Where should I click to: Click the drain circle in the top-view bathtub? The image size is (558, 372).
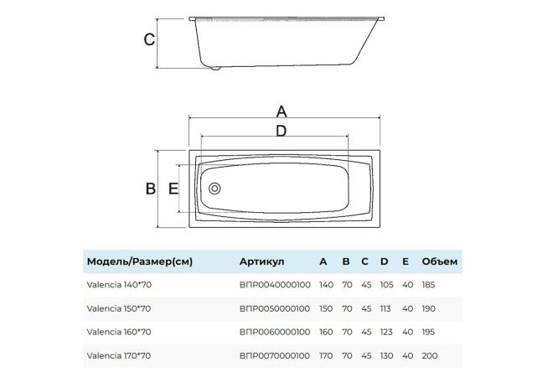[x=214, y=189]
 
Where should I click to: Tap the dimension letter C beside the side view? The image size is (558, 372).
[x=149, y=39]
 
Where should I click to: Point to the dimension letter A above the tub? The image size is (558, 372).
[x=282, y=111]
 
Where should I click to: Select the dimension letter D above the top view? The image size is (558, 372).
[x=282, y=131]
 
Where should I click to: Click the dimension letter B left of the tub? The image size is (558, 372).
[x=151, y=189]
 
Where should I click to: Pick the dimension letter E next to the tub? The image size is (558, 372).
[x=173, y=189]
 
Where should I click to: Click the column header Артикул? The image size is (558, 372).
[x=262, y=261]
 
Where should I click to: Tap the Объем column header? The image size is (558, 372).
[x=440, y=261]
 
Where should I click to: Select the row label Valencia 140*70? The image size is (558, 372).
[x=119, y=285]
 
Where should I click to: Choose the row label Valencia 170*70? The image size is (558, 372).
[x=119, y=355]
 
